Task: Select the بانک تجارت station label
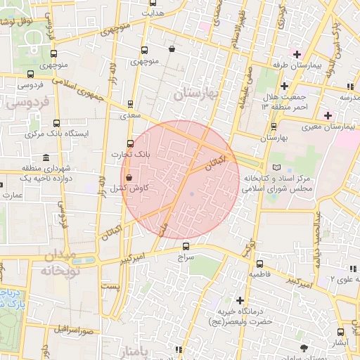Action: tap(126, 153)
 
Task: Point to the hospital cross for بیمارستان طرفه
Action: tap(297, 54)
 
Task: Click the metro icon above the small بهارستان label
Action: tap(274, 127)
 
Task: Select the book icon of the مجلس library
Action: tap(276, 167)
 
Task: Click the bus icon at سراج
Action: tap(186, 246)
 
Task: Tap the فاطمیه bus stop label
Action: tap(259, 272)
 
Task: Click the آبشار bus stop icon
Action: tap(340, 332)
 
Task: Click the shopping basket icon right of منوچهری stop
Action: tap(172, 49)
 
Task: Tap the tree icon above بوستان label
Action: tap(304, 348)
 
